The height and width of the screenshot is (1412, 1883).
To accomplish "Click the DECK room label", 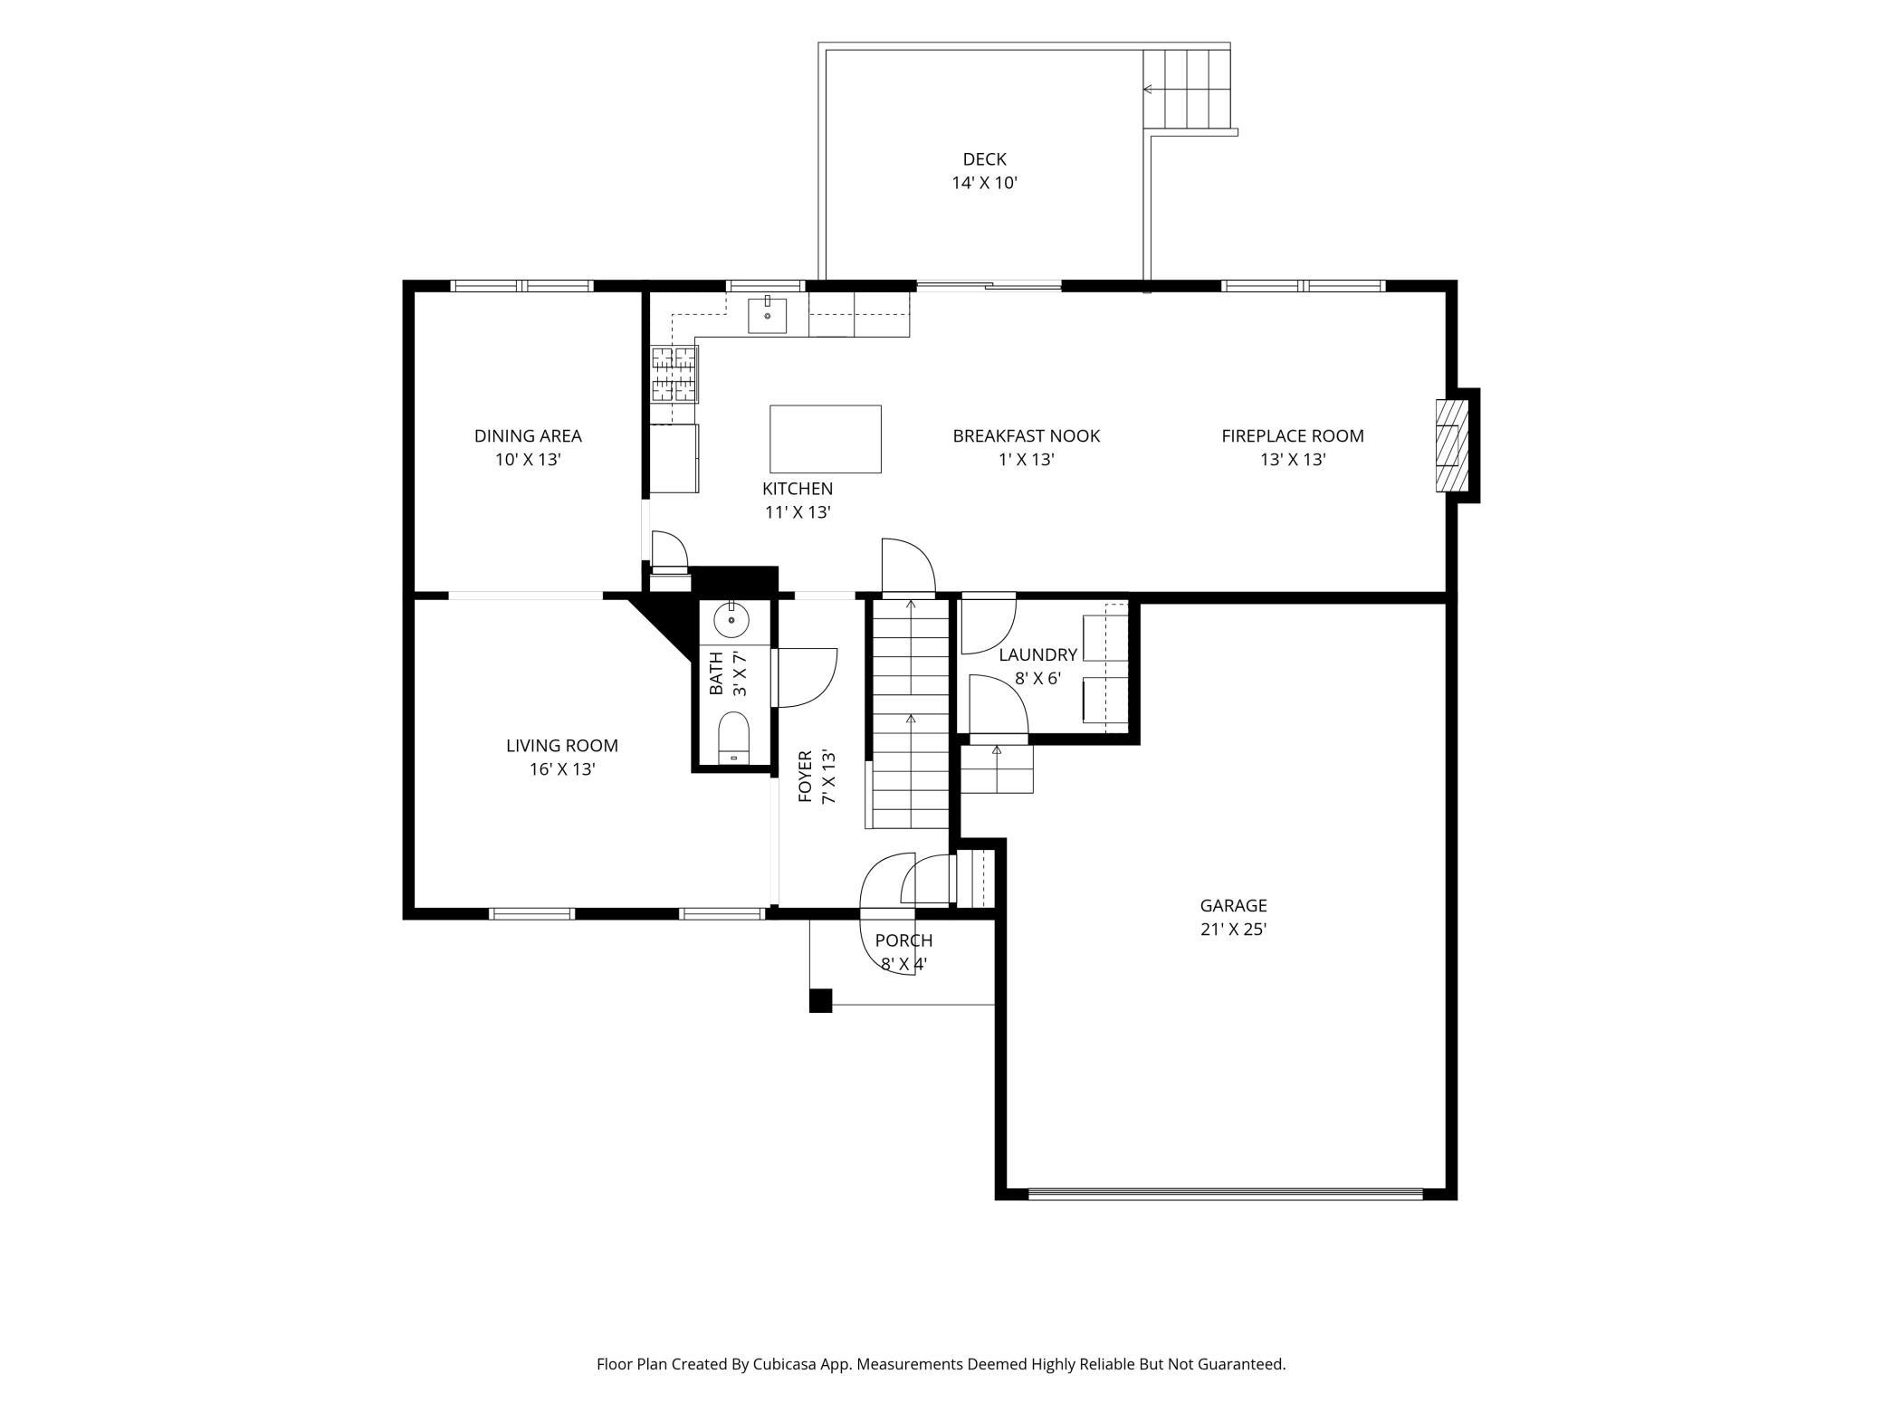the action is pos(984,159).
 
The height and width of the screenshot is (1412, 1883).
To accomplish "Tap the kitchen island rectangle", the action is pos(825,439).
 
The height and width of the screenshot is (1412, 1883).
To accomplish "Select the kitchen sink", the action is pos(767,314).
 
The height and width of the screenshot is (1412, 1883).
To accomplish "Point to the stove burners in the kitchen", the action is pos(674,374).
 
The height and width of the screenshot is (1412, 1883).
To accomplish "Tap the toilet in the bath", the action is pos(734,738).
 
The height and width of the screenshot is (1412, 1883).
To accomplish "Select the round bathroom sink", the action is pos(731,621).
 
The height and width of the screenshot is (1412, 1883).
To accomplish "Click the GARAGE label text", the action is pos(1233,905).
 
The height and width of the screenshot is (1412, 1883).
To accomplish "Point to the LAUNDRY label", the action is pos(1037,654).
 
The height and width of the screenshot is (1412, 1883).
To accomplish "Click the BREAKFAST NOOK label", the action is pos(1026,435).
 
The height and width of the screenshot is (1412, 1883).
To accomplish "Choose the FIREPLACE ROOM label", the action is pos(1292,435).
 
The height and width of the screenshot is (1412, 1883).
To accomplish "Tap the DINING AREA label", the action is pos(528,435).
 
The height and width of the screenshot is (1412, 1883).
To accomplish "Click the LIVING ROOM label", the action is pos(562,746).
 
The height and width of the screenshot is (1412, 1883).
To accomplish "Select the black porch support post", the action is pos(820,1000).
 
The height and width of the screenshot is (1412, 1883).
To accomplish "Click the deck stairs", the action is pos(1186,89).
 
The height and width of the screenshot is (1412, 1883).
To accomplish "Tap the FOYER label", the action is pos(804,777).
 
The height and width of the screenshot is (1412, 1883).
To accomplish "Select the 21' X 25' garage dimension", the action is pos(1233,929).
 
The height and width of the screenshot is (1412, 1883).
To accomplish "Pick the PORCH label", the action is pos(903,940).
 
